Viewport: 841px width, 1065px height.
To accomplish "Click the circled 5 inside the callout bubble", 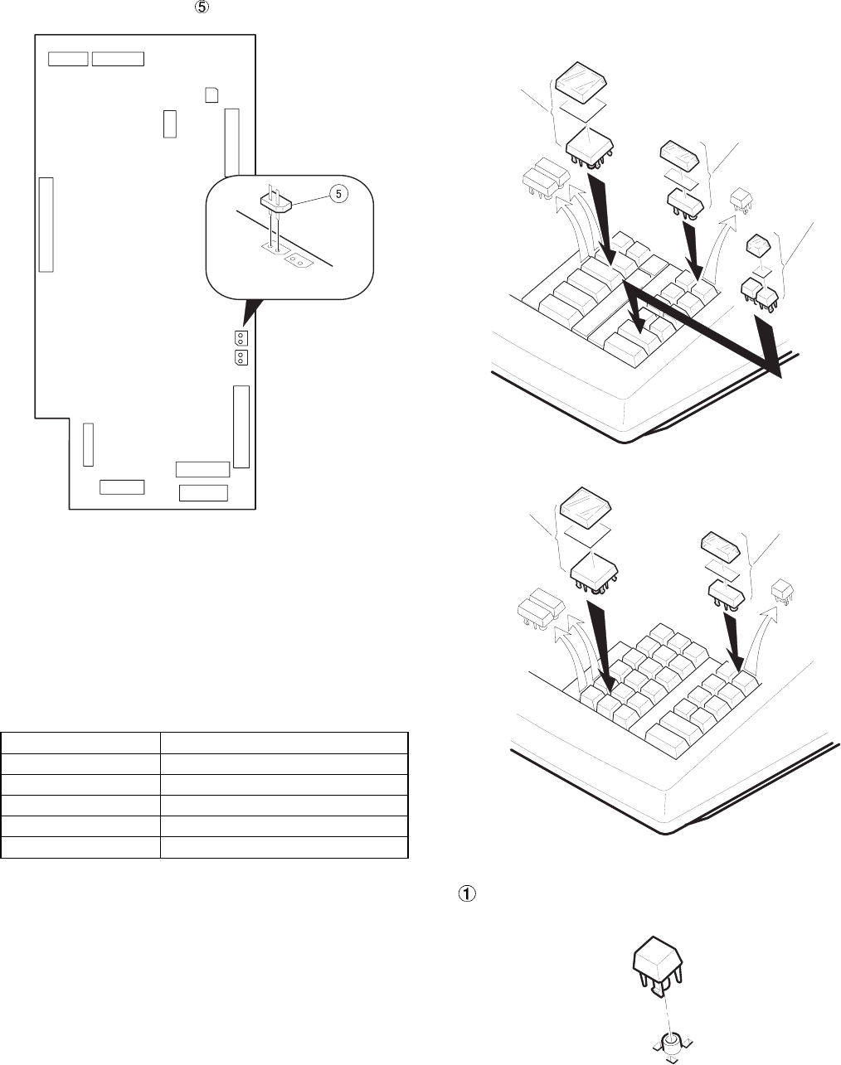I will point(338,194).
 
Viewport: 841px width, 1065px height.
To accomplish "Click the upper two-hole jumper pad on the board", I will point(241,338).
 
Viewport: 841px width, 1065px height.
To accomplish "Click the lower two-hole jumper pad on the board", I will point(241,357).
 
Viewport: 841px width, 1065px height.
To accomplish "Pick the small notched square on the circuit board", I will point(211,94).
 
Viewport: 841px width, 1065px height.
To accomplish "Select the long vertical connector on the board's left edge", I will point(45,224).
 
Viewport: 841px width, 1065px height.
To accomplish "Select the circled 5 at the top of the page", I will point(200,7).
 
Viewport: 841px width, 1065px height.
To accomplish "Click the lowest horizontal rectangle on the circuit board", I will point(203,493).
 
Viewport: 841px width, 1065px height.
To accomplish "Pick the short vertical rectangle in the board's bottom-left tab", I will point(88,443).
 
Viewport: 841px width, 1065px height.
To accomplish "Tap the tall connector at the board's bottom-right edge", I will point(241,426).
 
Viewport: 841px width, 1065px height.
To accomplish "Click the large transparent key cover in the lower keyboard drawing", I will point(586,508).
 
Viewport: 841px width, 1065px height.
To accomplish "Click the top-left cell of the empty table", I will point(80,742).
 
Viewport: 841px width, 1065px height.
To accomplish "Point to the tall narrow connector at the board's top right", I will point(231,141).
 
